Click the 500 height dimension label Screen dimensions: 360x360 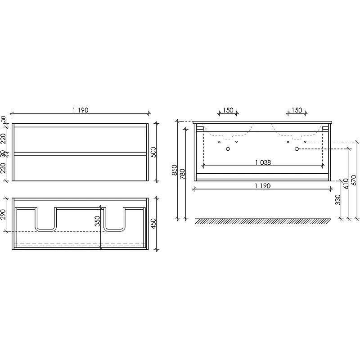click(x=153, y=152)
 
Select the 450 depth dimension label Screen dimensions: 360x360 click(x=153, y=223)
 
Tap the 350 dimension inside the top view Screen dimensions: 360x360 click(x=98, y=221)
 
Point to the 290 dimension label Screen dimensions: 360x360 click(x=3, y=215)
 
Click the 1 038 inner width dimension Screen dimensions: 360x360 click(x=263, y=162)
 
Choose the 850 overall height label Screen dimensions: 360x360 click(x=175, y=170)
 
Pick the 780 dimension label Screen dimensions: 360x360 click(x=182, y=174)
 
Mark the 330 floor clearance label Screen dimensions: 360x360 click(x=338, y=200)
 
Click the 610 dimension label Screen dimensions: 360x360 click(x=346, y=184)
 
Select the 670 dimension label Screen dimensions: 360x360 click(x=354, y=180)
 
